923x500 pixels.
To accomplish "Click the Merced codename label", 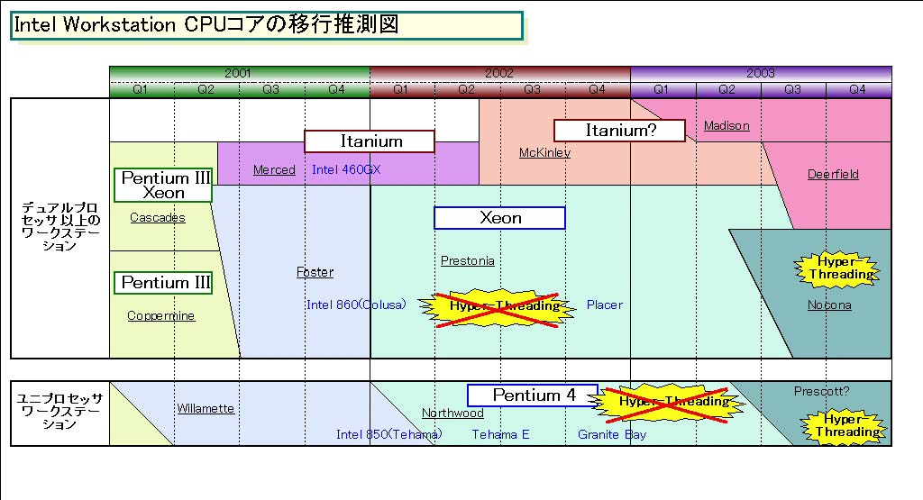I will pos(274,169).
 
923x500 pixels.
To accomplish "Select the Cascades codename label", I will pos(158,217).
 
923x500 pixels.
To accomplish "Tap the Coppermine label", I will pos(160,315).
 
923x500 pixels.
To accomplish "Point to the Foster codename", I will pos(315,272).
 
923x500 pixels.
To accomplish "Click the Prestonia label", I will pos(467,260).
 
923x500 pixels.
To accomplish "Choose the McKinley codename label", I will pos(544,152).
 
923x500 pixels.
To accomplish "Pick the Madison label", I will pos(727,125).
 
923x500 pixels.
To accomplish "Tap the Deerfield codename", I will pos(833,174).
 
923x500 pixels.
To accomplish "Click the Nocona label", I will pos(829,305).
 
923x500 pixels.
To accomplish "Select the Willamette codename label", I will pos(206,408).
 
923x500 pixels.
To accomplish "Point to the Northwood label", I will pos(452,413).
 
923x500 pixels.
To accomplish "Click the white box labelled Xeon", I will pos(499,218).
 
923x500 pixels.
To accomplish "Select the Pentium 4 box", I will pos(532,395).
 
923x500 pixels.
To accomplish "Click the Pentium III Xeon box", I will pos(164,185).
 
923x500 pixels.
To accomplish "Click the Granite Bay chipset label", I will pos(612,434).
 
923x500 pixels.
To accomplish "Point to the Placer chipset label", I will pos(604,305).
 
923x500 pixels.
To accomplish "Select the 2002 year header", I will pos(499,73).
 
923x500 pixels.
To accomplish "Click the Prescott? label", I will pos(821,392).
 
